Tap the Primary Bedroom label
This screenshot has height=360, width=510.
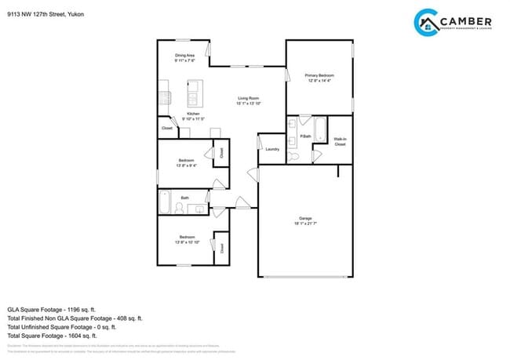point(319,75)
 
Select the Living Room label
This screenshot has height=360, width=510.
point(248,98)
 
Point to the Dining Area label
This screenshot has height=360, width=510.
point(185,55)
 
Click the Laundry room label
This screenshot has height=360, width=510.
point(272,149)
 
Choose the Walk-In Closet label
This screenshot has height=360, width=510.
point(340,142)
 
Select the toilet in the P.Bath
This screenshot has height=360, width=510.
point(293,157)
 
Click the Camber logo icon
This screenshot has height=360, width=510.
point(427,22)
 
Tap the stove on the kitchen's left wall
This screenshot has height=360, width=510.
point(164,98)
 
